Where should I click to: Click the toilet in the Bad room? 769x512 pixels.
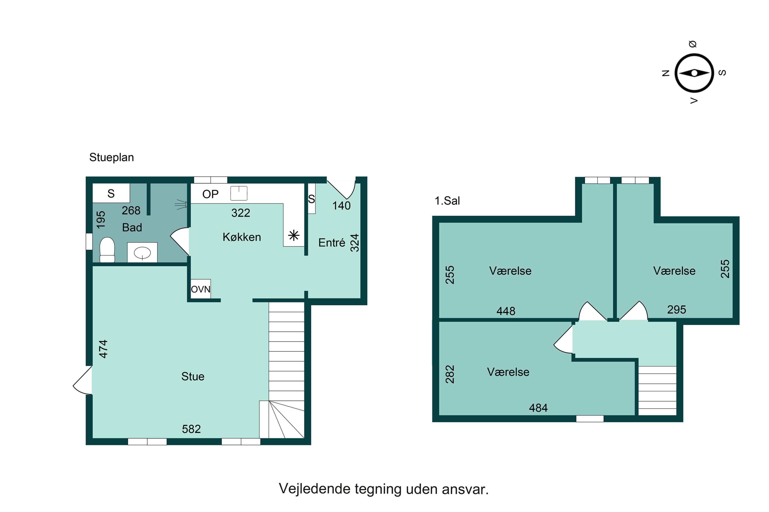(107, 250)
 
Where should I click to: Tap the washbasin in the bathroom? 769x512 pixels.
(142, 252)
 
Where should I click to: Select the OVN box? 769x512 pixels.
(201, 289)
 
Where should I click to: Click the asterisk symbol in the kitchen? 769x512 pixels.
(294, 236)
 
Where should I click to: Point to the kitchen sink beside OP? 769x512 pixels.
(239, 193)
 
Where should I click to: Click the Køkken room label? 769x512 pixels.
(242, 237)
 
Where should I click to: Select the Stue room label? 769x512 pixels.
(193, 377)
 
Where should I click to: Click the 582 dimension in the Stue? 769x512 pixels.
(191, 429)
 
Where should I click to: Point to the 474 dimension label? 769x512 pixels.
(103, 349)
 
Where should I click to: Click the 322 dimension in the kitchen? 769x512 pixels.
(241, 213)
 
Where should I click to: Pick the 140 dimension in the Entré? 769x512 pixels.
(341, 206)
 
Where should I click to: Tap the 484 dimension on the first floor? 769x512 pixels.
(538, 408)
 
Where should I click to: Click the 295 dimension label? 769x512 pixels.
(676, 310)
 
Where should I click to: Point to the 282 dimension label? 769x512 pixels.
(450, 374)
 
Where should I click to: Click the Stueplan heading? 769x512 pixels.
(112, 157)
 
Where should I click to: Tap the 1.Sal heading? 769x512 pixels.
(447, 200)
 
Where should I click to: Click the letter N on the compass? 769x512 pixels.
(665, 73)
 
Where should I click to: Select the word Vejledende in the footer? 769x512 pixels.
(315, 489)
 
